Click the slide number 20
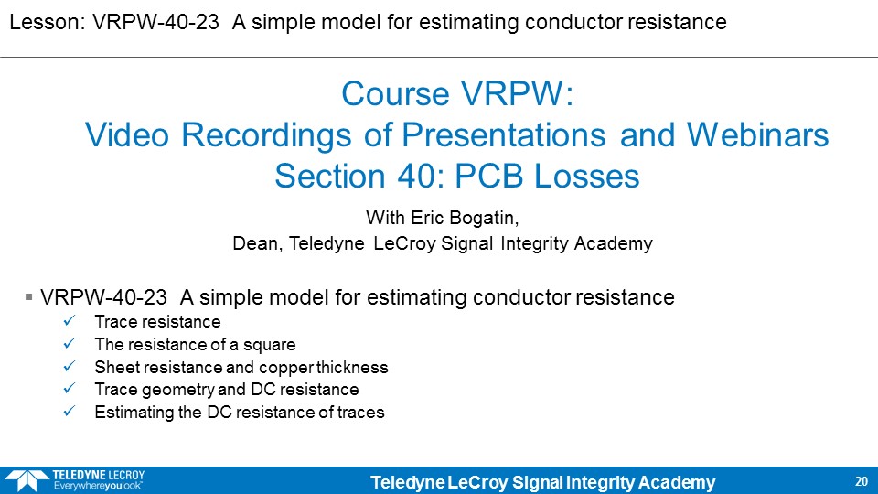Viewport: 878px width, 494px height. click(862, 481)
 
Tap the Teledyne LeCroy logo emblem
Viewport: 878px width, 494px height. click(27, 480)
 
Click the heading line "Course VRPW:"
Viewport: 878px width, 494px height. click(457, 93)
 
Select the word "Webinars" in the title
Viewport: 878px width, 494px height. click(757, 135)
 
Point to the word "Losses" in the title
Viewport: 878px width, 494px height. click(587, 176)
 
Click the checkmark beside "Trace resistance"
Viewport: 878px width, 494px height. click(70, 321)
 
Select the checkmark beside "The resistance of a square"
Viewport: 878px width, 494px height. click(70, 343)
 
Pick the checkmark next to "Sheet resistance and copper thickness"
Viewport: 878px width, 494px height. click(70, 366)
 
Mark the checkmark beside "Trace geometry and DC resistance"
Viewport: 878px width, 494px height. click(70, 388)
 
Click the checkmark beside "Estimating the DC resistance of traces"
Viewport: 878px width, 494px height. click(70, 412)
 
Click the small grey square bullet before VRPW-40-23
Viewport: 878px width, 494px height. click(29, 296)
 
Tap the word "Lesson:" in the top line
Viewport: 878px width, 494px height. click(48, 22)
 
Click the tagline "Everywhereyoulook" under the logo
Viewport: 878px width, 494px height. click(98, 486)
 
